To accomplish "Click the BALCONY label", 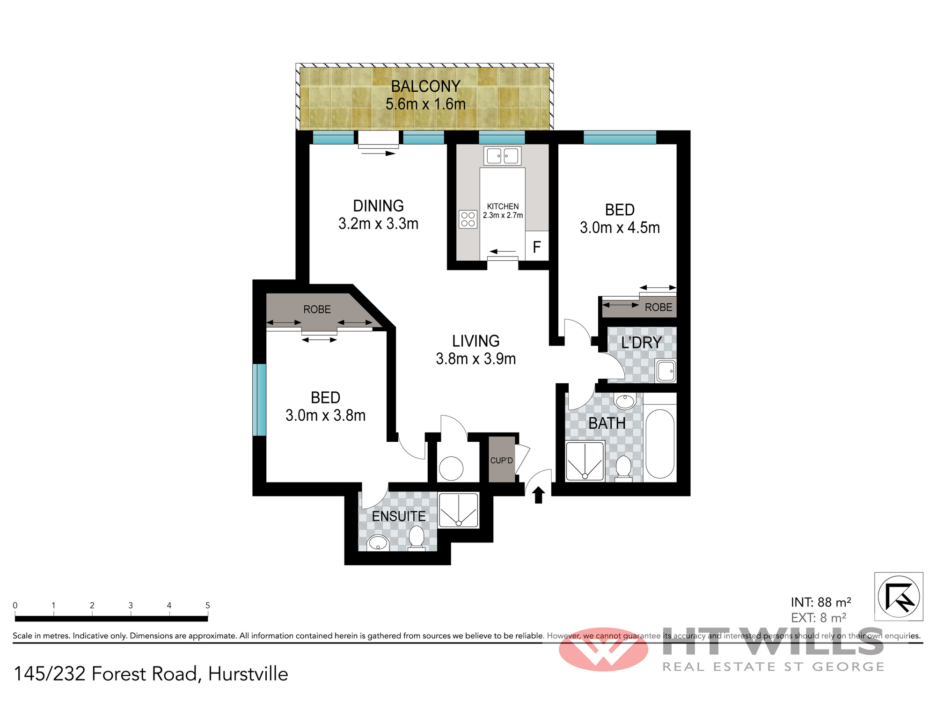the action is coord(426,87).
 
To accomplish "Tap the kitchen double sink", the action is coord(502,156).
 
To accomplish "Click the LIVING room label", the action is coord(475,341).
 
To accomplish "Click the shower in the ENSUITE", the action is coord(459,510).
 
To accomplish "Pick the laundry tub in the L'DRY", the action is coord(665,371).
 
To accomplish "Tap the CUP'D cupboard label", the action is coord(502,461).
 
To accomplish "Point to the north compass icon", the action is coord(899,597).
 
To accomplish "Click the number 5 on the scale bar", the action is coord(207,606).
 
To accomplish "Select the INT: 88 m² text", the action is coord(821,602).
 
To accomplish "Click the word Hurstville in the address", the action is coord(248,674).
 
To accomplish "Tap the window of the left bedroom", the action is coord(259,400).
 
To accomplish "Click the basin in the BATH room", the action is coord(625,401).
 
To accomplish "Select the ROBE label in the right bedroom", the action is coord(658,307).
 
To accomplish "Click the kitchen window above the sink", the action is coord(502,137).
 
